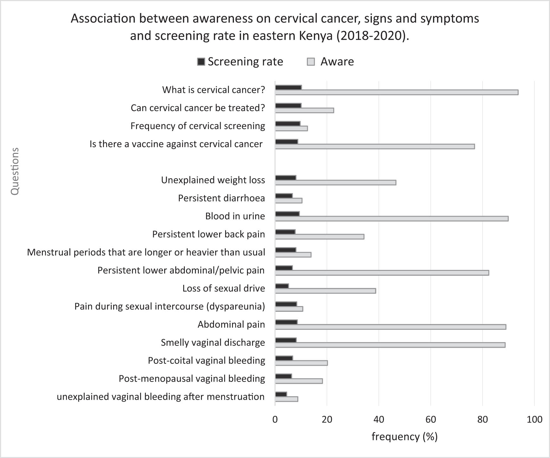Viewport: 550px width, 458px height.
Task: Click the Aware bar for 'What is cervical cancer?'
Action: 396,92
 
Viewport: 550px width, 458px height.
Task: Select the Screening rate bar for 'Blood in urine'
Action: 287,214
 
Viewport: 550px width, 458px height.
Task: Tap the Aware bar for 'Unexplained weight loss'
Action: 335,182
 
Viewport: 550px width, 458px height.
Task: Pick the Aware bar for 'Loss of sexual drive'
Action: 325,291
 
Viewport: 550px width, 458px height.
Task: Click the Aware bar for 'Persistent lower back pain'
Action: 320,237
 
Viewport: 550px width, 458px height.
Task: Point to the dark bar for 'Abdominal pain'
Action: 286,322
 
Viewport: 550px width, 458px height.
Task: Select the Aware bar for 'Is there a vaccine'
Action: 375,147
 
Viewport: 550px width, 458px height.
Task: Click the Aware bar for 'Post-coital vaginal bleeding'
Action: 301,363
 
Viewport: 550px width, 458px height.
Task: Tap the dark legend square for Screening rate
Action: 201,62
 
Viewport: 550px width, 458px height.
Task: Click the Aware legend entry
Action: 337,62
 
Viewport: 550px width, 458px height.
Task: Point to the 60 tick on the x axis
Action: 430,419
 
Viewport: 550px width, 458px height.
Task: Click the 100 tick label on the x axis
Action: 534,419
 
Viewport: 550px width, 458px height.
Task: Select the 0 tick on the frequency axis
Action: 275,419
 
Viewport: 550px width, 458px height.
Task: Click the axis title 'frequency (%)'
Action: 404,437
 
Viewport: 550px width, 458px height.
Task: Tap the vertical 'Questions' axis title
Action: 15,171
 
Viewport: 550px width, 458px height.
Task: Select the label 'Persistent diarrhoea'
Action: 221,198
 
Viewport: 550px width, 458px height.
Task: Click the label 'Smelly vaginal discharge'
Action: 213,343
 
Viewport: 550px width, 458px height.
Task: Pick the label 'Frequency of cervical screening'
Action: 198,126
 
